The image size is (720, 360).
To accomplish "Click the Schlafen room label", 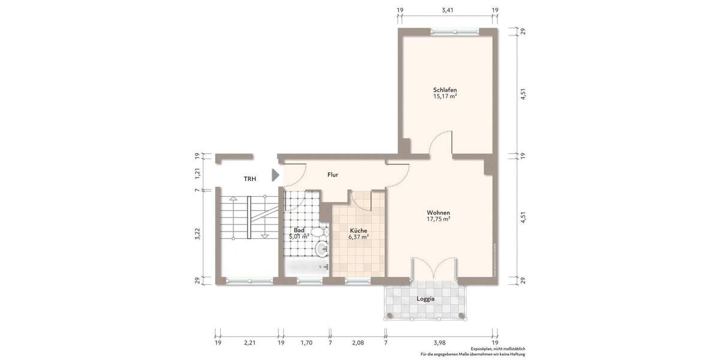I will click(445, 89).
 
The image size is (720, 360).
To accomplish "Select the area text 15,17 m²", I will click(445, 96).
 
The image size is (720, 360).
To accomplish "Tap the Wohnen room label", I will click(439, 212).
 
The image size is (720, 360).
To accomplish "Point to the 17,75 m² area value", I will click(439, 219).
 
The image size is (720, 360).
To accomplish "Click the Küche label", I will click(358, 230).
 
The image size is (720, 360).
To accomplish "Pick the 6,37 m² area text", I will click(358, 237).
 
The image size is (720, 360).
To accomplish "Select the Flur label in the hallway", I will click(333, 175).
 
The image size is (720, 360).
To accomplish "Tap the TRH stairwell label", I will click(250, 179).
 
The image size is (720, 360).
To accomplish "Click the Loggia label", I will click(425, 299).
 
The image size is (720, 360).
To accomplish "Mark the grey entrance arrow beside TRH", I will click(275, 175).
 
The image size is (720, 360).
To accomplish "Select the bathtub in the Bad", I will click(306, 268).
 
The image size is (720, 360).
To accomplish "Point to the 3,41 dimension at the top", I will click(447, 10).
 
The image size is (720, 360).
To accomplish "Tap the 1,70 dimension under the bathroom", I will click(305, 343).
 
